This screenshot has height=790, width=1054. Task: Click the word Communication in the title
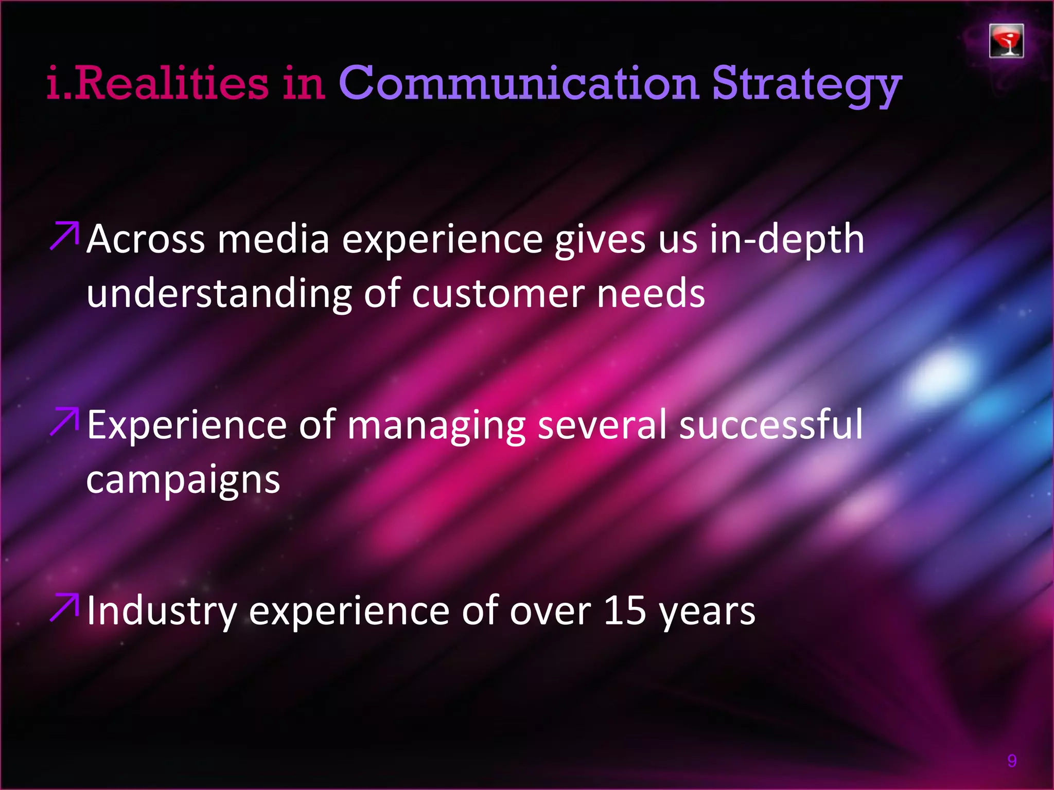[518, 83]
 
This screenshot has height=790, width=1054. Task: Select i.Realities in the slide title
[157, 83]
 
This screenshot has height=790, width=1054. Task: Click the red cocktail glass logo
[1006, 41]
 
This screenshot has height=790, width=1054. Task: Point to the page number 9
[1012, 761]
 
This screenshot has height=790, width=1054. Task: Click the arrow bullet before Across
[64, 236]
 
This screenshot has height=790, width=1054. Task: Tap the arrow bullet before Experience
[64, 422]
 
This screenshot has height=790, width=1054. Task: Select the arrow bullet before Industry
[64, 607]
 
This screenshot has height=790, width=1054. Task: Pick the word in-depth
[787, 240]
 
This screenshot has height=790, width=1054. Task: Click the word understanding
[219, 294]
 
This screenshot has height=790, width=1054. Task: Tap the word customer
[498, 294]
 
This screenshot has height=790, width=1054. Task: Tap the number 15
[624, 611]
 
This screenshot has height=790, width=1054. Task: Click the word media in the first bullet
[273, 240]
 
